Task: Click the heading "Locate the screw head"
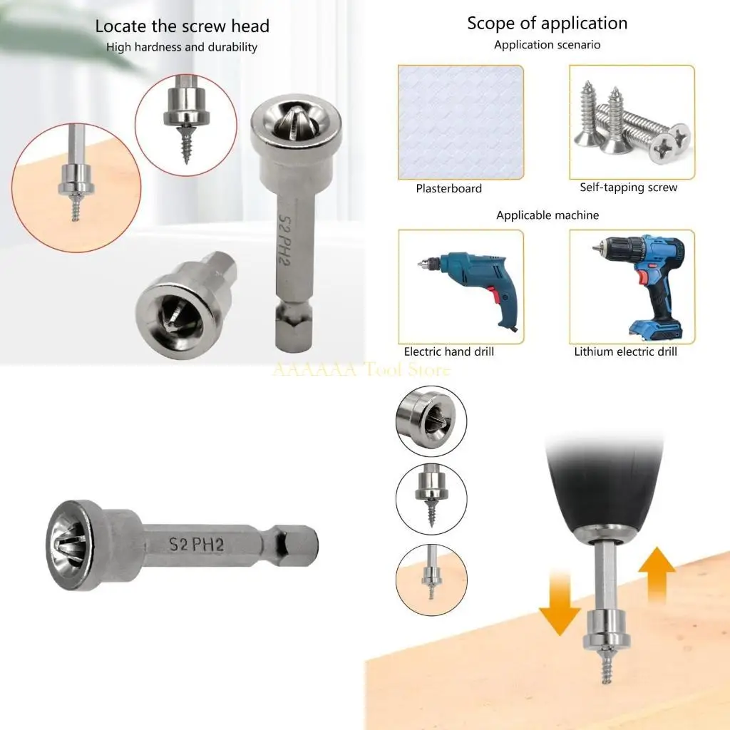182,27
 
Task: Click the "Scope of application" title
547,23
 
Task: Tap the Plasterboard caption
448,189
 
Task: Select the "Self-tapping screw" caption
628,187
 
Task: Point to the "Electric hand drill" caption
448,351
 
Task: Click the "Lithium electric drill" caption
625,351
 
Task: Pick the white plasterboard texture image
461,122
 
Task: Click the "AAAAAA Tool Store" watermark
361,369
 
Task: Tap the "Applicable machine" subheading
547,215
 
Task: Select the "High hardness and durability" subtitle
182,48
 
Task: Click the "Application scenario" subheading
547,45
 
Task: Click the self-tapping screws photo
631,122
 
